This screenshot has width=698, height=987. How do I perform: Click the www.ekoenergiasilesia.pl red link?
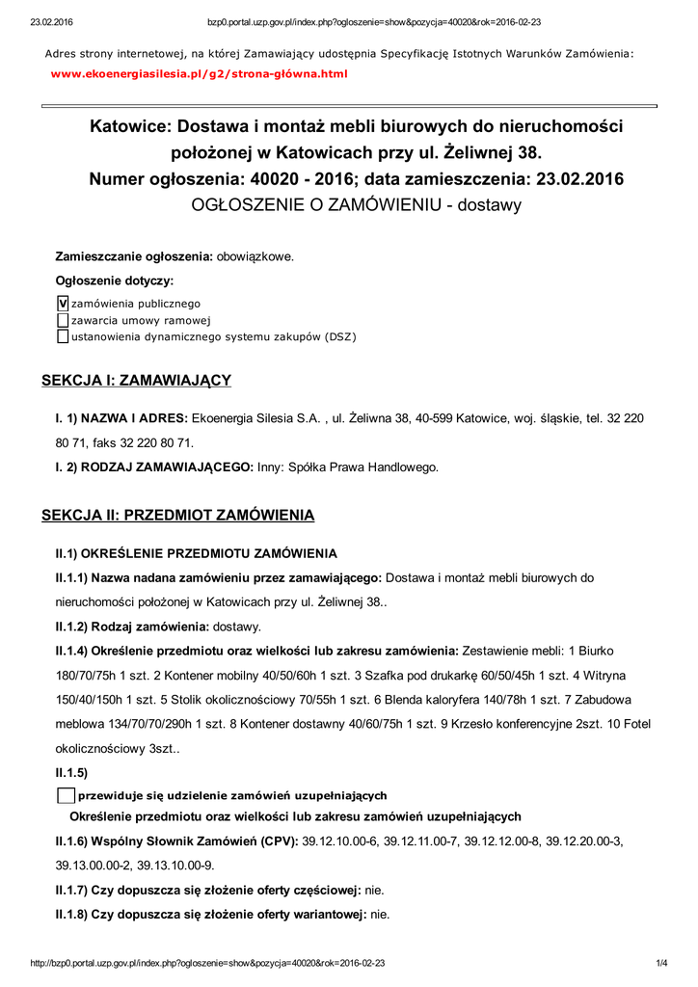click(198, 73)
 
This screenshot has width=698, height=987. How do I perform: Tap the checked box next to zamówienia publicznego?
click(64, 304)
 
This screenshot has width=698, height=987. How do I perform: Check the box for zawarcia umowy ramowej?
click(64, 320)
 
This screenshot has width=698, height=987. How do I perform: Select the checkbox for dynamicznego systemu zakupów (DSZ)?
click(64, 336)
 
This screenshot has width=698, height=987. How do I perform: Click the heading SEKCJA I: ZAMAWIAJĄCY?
click(136, 381)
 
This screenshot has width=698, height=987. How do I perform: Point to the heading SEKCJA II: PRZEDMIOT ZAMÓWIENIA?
click(177, 516)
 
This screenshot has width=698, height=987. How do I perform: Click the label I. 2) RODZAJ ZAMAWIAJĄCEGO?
click(154, 467)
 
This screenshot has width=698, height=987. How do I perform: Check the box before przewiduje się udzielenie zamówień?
click(66, 795)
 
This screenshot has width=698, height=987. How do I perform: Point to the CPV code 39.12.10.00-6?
click(340, 841)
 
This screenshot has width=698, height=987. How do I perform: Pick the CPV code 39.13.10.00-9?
click(175, 866)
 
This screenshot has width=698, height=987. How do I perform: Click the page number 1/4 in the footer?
click(661, 963)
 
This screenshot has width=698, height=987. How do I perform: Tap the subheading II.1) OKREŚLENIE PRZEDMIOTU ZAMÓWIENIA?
click(196, 553)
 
